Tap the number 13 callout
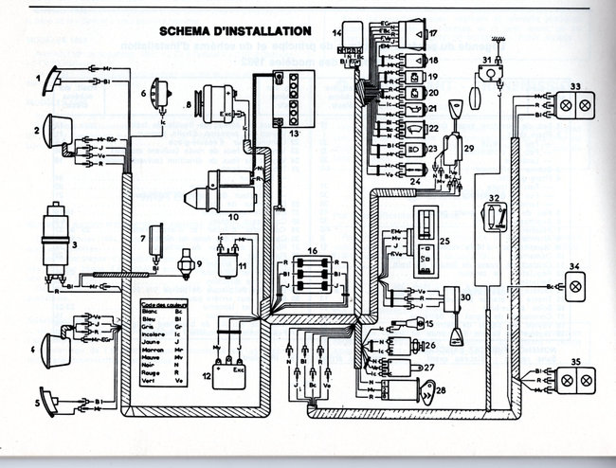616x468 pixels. [x=294, y=135]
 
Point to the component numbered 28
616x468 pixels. [x=422, y=389]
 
